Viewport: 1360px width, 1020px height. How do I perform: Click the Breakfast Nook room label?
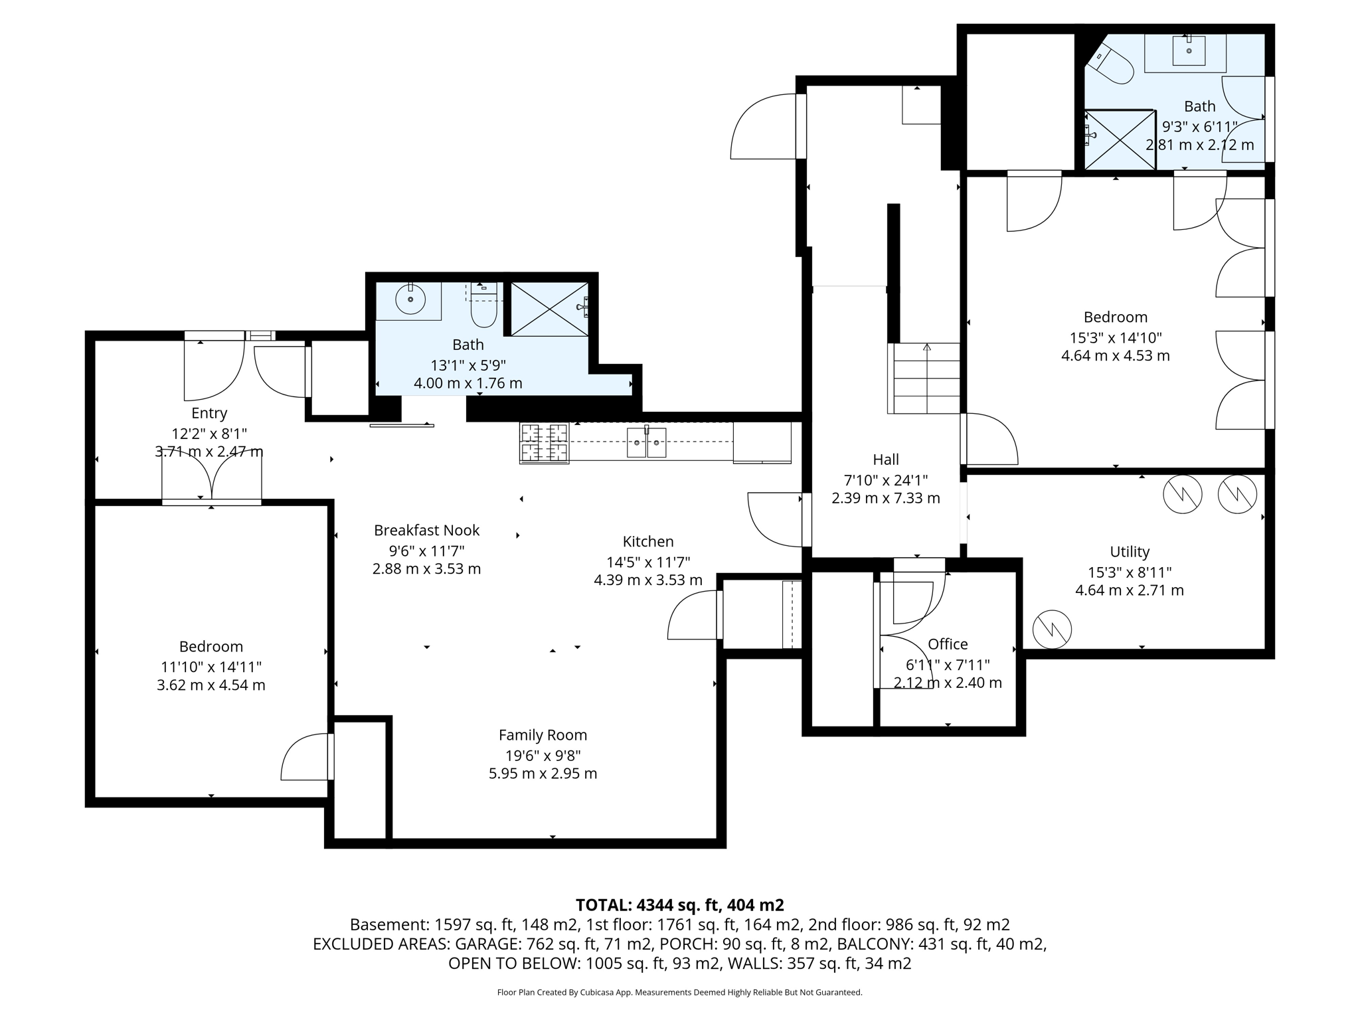pos(426,531)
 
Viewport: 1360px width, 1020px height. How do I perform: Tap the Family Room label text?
pos(543,735)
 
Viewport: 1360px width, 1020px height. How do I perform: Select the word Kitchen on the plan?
pos(647,541)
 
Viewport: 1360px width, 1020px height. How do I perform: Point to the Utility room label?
pos(1129,552)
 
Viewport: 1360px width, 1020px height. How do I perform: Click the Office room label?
pos(947,644)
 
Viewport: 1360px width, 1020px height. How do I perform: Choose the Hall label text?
pos(885,460)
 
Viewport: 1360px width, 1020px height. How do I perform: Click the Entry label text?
pos(209,413)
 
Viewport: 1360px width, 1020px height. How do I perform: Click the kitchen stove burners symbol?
pos(544,443)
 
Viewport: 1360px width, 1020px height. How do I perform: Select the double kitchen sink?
pos(646,443)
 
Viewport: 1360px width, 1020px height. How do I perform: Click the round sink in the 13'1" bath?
pos(410,300)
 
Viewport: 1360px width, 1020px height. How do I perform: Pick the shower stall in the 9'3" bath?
pos(1119,139)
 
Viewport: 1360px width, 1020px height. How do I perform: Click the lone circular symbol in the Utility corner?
pos(1052,628)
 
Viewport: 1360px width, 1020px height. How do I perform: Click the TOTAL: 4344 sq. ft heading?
pos(679,905)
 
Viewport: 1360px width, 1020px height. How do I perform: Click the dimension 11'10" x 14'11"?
pos(211,667)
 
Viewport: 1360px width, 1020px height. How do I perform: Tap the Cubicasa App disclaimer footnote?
pos(679,993)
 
